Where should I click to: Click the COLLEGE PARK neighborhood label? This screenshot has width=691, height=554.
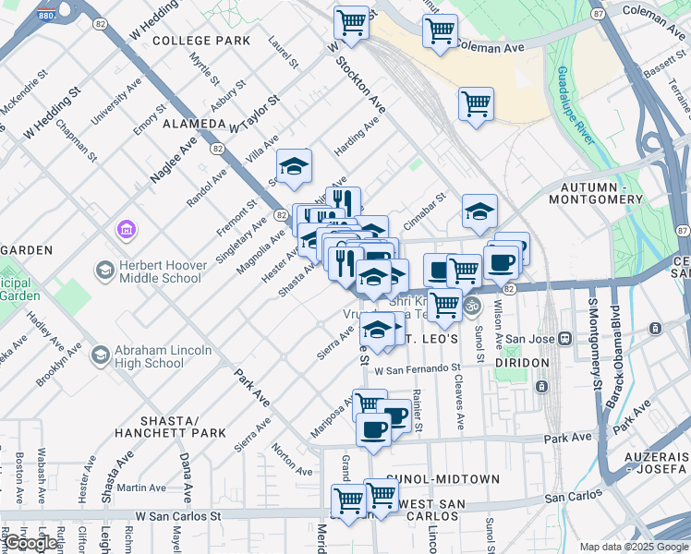tap(201, 41)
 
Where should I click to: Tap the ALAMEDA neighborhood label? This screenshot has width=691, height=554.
tap(194, 123)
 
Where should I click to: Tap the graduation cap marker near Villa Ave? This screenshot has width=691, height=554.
tap(294, 166)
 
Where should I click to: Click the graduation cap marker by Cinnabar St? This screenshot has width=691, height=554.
tap(479, 212)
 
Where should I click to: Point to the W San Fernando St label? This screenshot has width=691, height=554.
tap(418, 369)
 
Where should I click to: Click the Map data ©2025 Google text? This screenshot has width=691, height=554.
tap(632, 547)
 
